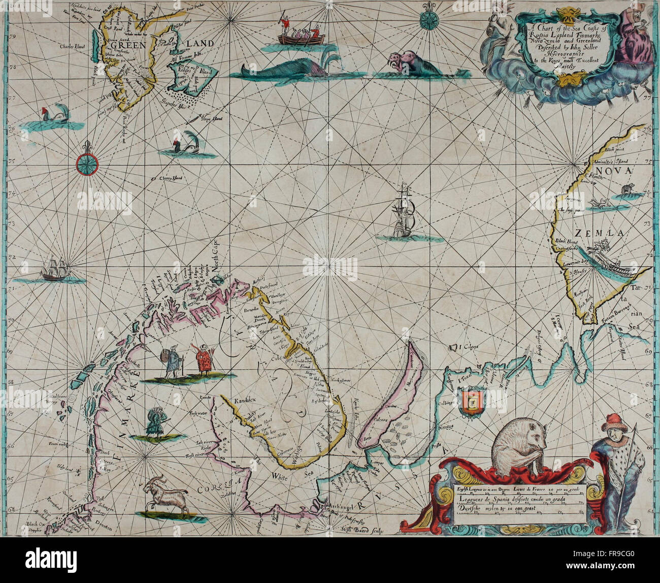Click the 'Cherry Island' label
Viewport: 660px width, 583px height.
(x=170, y=178)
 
